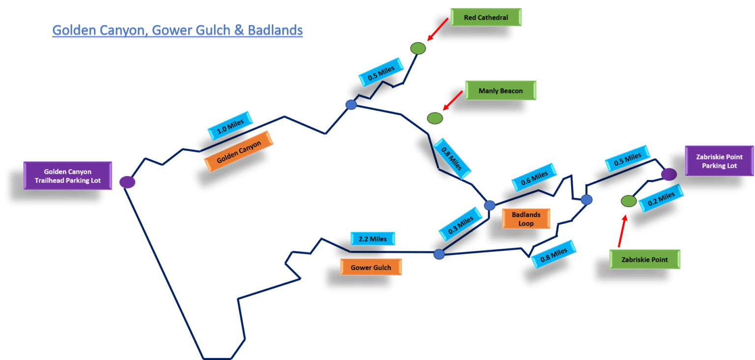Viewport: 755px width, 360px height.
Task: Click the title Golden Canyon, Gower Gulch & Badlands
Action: point(177,30)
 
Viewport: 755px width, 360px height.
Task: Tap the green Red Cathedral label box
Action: point(486,18)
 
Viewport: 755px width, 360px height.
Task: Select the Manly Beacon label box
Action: point(500,91)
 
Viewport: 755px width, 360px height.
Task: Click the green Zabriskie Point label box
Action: point(645,259)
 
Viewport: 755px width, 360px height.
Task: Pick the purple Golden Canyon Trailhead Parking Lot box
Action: point(68,176)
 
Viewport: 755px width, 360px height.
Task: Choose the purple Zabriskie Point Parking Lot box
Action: point(719,161)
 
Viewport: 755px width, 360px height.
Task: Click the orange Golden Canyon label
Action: point(238,151)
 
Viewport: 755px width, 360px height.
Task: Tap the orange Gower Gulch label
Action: point(371,268)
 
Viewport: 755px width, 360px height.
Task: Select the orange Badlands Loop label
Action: point(525,219)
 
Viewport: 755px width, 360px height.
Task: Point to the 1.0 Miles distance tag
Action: point(230,125)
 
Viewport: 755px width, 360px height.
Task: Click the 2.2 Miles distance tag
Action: point(373,239)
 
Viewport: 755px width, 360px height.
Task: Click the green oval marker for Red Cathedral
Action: point(418,48)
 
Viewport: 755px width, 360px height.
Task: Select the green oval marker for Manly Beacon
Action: point(435,118)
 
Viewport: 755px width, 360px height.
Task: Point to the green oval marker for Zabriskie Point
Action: point(628,201)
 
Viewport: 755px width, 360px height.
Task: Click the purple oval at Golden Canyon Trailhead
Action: point(127,182)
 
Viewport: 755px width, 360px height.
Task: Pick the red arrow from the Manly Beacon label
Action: point(453,100)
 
